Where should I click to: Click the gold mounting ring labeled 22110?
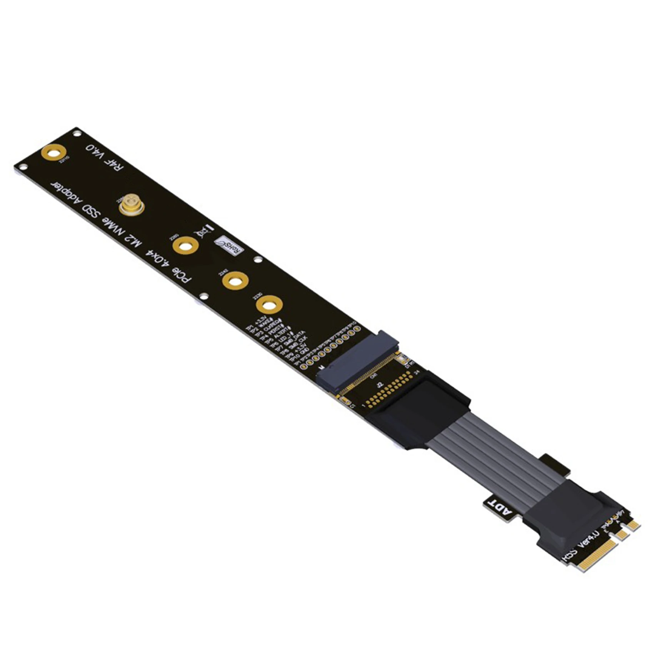(53, 153)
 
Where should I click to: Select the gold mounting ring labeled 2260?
(185, 245)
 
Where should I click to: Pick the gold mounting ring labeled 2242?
(235, 280)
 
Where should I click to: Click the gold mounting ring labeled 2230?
(269, 305)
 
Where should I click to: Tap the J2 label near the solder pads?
(380, 384)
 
